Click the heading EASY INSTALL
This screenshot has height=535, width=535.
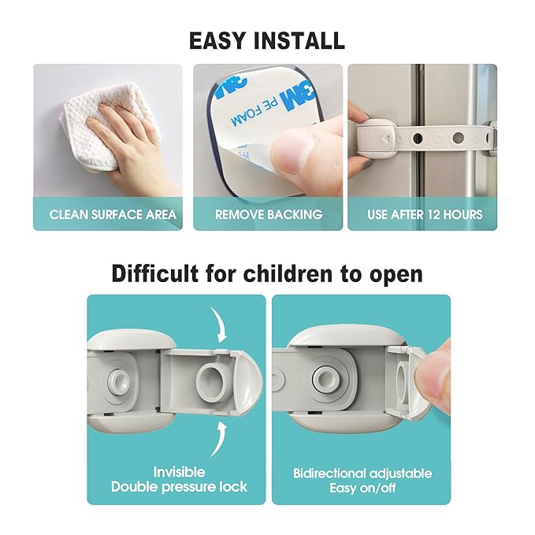point(266,39)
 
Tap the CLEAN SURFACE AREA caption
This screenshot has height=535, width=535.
point(113,214)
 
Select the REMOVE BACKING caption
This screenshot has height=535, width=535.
point(269,214)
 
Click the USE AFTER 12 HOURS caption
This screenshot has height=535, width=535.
point(425,214)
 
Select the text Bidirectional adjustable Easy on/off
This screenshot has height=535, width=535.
point(362,480)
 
